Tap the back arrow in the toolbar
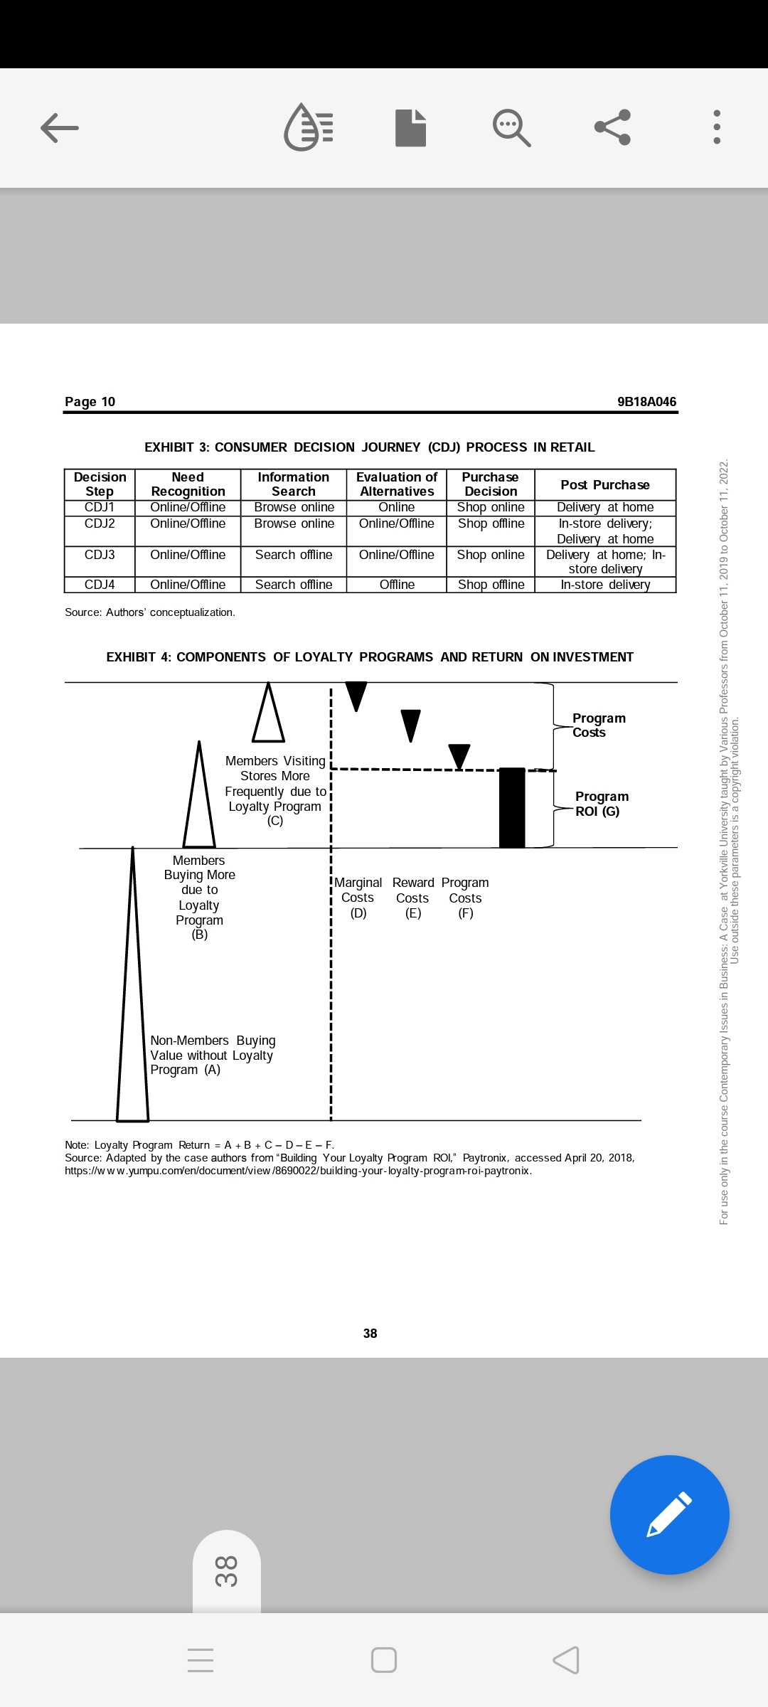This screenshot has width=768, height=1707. click(60, 128)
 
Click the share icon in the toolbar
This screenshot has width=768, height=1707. click(612, 127)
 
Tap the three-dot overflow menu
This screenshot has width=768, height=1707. click(717, 127)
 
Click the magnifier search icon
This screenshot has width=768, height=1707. click(511, 128)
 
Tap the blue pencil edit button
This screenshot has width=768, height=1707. click(669, 1514)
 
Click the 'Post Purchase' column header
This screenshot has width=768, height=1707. click(604, 485)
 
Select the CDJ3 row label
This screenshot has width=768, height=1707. click(100, 555)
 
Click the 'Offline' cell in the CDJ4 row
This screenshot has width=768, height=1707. click(397, 585)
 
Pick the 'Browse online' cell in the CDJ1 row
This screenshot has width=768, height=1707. click(294, 507)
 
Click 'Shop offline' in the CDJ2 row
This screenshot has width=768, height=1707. click(491, 523)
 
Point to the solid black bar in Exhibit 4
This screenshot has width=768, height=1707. click(512, 808)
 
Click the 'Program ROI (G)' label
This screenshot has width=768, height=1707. click(602, 804)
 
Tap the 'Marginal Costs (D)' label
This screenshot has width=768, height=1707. click(358, 898)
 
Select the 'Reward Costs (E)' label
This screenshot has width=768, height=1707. click(412, 898)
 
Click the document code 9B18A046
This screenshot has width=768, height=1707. click(646, 402)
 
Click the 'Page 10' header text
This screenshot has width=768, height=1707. click(90, 402)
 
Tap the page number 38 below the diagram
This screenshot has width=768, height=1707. click(370, 1334)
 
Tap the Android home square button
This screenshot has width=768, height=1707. click(384, 1660)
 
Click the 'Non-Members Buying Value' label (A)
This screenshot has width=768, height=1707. click(212, 1055)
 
